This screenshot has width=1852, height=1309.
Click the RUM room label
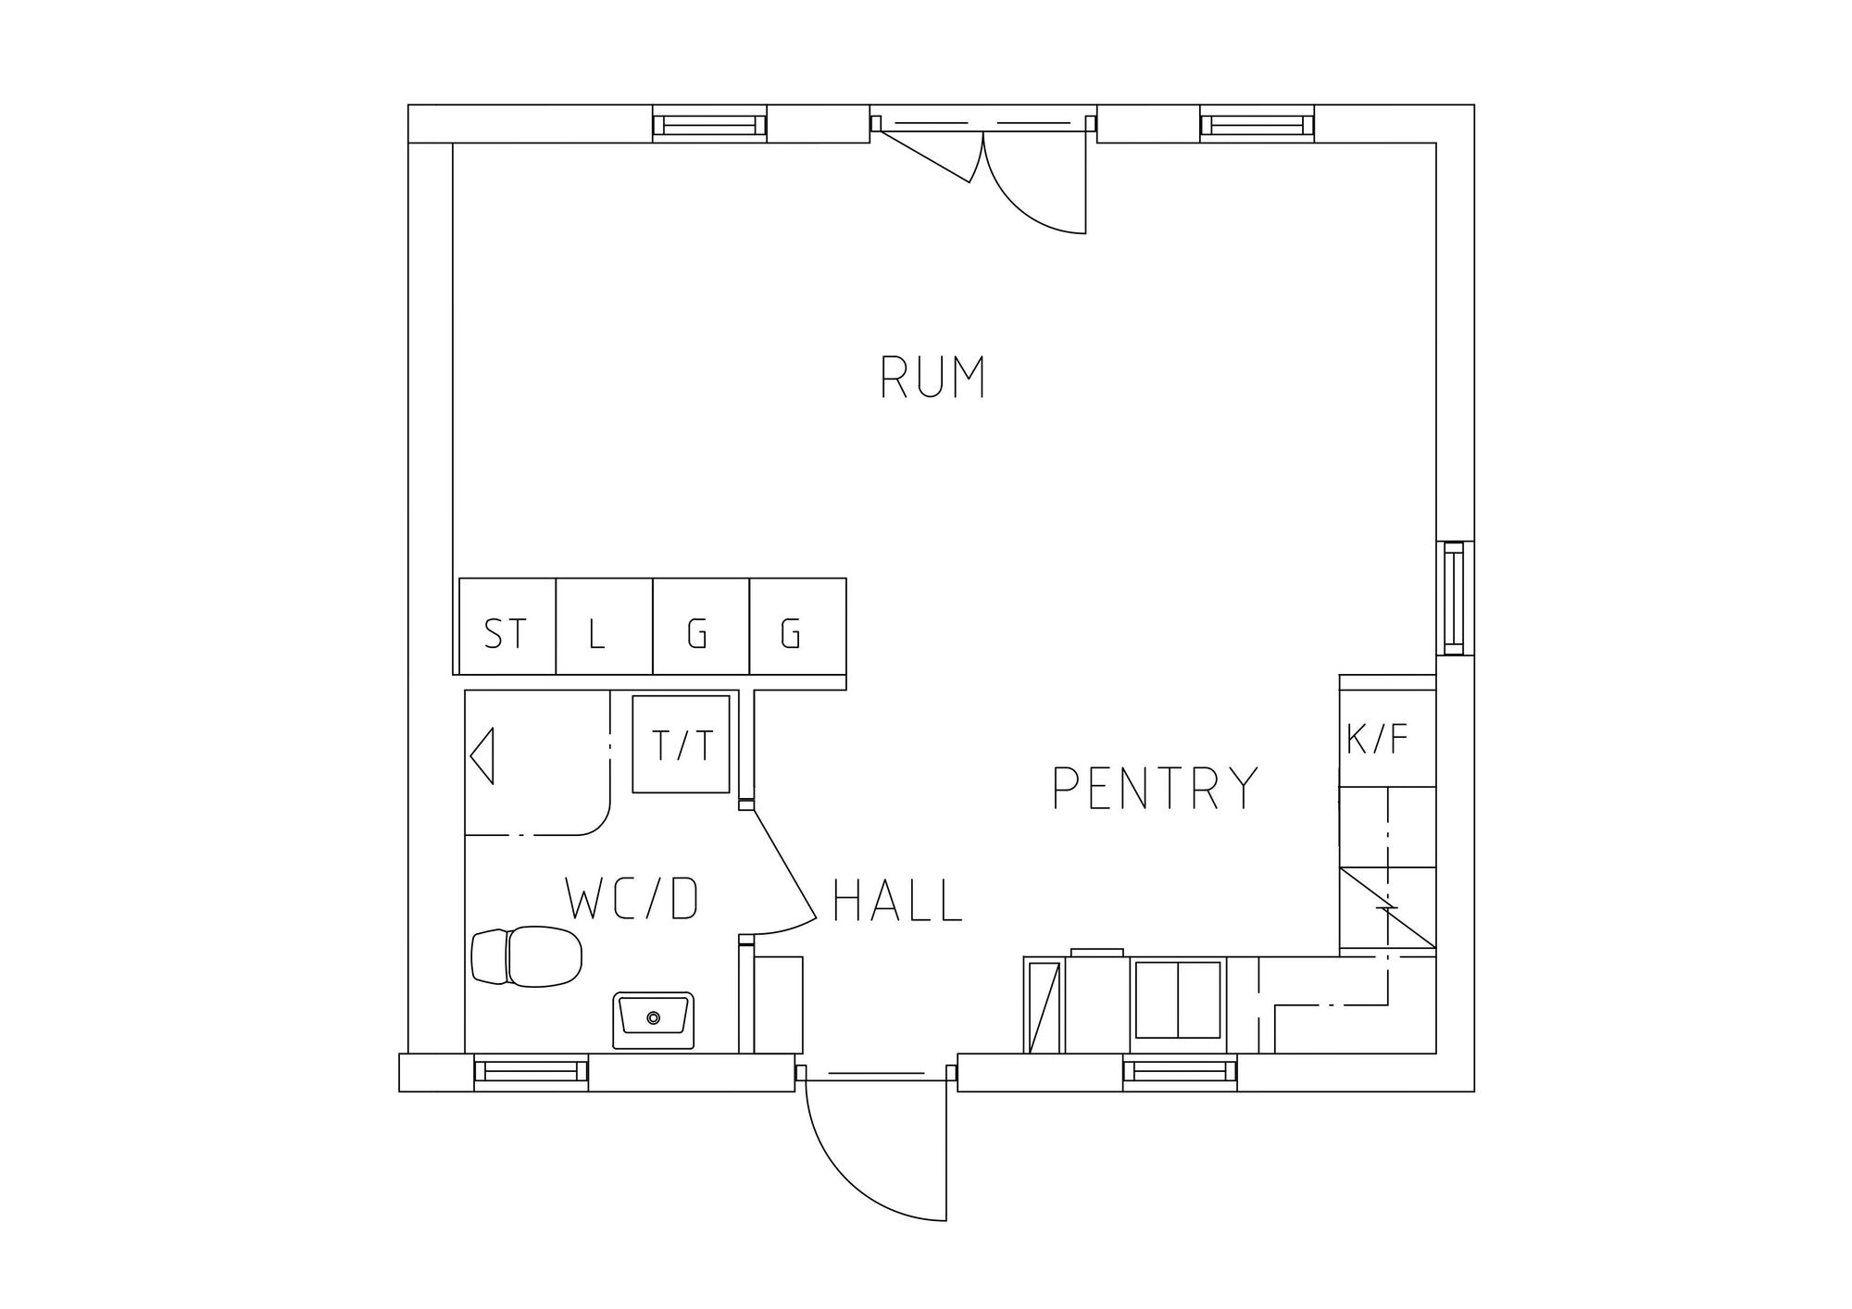932,378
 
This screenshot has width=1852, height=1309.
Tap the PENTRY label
1156,788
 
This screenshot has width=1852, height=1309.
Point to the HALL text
898,901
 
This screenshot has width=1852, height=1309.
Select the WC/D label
632,899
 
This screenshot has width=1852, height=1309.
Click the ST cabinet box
507,627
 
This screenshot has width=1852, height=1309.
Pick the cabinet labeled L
605,627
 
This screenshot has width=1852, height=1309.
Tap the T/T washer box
682,744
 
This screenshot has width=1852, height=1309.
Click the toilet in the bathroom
527,956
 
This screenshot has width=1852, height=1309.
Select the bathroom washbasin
654,1020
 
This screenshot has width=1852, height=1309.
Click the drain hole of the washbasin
654,1017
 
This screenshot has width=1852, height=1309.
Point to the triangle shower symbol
482,756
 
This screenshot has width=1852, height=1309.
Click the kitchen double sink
1178,999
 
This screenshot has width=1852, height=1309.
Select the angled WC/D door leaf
785,863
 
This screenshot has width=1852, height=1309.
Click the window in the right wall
1455,598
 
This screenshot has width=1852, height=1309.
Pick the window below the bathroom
532,1071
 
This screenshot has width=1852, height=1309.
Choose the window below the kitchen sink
1180,1071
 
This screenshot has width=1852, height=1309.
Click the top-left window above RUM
710,124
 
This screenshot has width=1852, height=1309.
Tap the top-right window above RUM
1258,124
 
